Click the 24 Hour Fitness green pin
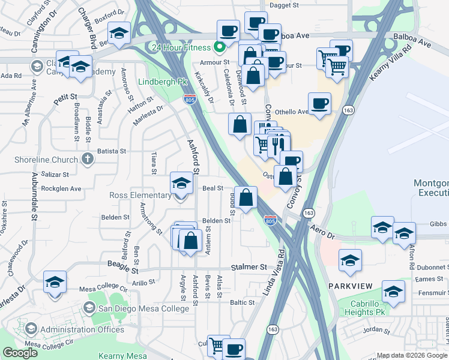tap(220, 47)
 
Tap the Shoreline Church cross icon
tap(88, 160)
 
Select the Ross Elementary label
tap(140, 195)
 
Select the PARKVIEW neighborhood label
tap(350, 285)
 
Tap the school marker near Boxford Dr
tap(119, 34)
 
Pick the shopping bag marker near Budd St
tap(246, 197)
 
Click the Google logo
tap(20, 353)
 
